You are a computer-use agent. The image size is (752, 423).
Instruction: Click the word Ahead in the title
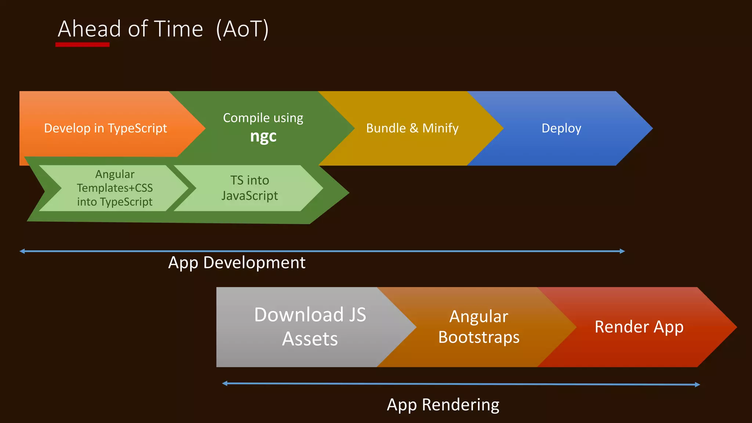pyautogui.click(x=89, y=29)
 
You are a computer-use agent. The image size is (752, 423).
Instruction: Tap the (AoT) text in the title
pyautogui.click(x=242, y=29)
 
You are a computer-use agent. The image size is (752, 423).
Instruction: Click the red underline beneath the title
pyautogui.click(x=82, y=45)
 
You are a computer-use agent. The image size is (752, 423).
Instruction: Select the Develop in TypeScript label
pyautogui.click(x=105, y=128)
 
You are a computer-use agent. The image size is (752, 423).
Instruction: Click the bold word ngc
pyautogui.click(x=263, y=137)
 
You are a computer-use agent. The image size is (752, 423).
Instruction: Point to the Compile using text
pyautogui.click(x=263, y=118)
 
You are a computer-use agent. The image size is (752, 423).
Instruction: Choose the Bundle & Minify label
pyautogui.click(x=412, y=128)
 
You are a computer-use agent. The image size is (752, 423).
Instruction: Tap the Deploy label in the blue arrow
pyautogui.click(x=561, y=128)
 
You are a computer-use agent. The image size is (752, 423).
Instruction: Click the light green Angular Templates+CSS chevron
pyautogui.click(x=115, y=188)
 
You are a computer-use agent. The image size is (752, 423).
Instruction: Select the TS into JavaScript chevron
pyautogui.click(x=250, y=188)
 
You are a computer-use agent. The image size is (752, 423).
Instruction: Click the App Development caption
pyautogui.click(x=236, y=263)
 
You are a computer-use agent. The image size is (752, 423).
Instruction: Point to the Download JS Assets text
pyautogui.click(x=310, y=326)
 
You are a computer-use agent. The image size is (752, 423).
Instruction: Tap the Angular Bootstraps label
pyautogui.click(x=478, y=326)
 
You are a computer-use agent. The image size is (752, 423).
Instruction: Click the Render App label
pyautogui.click(x=639, y=326)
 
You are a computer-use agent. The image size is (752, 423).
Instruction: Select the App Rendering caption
pyautogui.click(x=443, y=405)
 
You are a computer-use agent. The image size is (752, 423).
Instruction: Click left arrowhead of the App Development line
pyautogui.click(x=22, y=251)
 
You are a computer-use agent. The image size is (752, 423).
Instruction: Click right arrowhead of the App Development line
pyautogui.click(x=622, y=251)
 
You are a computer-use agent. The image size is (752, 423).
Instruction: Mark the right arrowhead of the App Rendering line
pyautogui.click(x=698, y=384)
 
